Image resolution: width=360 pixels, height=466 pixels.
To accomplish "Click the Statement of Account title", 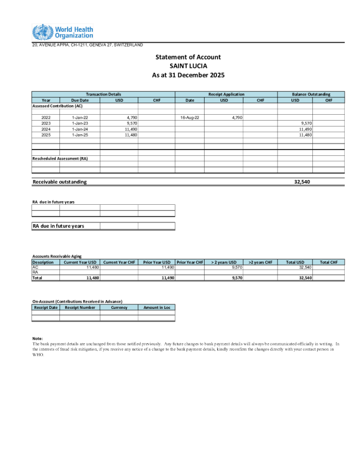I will [x=188, y=57].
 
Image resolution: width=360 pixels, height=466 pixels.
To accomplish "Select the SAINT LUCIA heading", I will [x=188, y=66].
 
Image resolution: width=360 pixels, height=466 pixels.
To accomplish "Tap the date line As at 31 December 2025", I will [x=188, y=75].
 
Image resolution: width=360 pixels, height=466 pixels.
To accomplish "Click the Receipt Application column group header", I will [x=226, y=94].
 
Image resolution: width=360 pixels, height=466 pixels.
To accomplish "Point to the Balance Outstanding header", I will [x=311, y=94].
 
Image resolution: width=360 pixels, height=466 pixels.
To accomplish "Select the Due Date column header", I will [x=79, y=100].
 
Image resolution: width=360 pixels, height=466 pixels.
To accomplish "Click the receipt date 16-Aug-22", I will [x=189, y=118].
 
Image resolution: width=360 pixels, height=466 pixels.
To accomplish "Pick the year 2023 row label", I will [x=46, y=124].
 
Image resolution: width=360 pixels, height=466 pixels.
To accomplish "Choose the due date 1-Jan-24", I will [x=79, y=129].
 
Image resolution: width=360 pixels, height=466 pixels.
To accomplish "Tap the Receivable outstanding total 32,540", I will [x=302, y=182].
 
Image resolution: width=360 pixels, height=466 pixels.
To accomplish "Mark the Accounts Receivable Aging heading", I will [x=56, y=257].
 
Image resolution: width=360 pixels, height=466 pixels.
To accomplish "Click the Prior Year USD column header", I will [x=157, y=262].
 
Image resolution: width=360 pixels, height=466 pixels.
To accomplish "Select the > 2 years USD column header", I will [x=224, y=262].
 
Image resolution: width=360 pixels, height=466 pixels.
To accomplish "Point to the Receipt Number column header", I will [x=80, y=308].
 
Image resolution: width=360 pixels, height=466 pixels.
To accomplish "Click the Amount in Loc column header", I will [x=156, y=308].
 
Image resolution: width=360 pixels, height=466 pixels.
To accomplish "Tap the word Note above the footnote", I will [x=38, y=338].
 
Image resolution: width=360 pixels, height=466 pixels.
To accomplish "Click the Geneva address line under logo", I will [x=87, y=45].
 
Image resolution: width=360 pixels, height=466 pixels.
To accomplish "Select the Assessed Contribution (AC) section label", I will [x=57, y=106].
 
